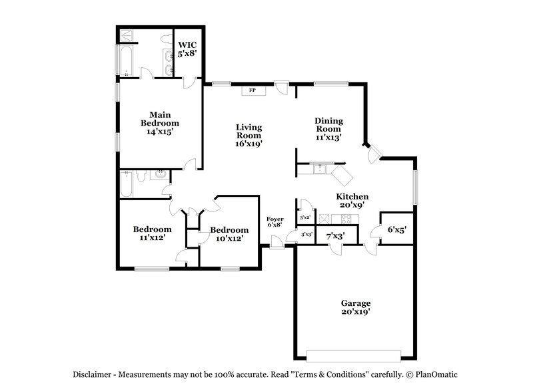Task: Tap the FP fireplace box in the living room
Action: (x=253, y=90)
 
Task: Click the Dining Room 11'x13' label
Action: (x=328, y=129)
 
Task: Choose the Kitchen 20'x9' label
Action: (x=352, y=201)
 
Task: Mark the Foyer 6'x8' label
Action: (x=275, y=222)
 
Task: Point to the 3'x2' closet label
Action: (x=305, y=217)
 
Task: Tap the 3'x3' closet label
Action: (x=306, y=235)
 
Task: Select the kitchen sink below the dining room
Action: (x=320, y=168)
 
